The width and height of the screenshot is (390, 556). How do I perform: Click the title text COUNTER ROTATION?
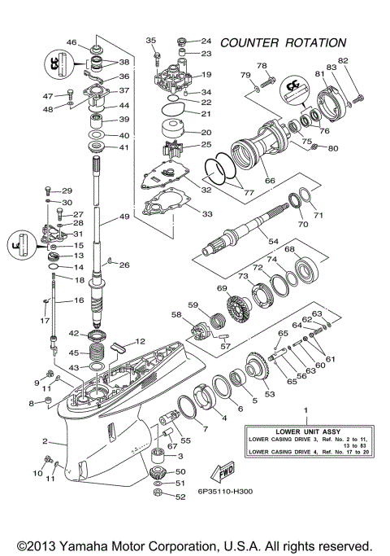pos(283,42)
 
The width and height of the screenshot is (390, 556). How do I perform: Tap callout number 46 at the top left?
pos(71,42)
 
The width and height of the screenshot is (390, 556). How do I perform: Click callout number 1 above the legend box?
pos(305,411)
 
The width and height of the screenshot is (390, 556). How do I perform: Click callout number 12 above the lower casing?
pos(140,341)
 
